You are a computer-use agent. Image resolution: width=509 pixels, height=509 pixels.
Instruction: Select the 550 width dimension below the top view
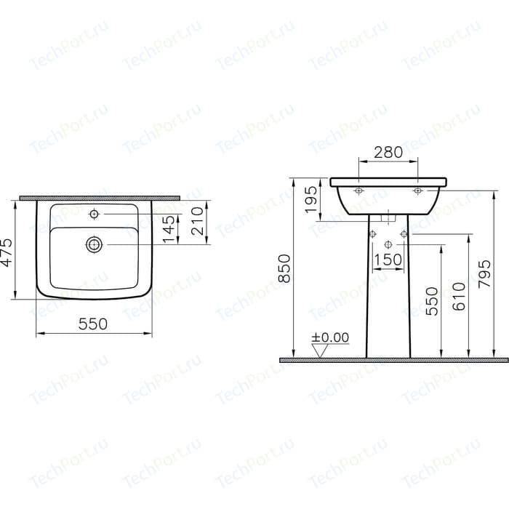(x=93, y=324)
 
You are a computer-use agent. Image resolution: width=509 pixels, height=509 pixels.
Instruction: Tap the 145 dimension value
(x=169, y=229)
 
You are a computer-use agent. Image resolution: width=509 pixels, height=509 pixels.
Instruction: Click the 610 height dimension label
(x=458, y=297)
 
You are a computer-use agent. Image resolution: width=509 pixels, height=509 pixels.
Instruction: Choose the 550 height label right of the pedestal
(x=432, y=301)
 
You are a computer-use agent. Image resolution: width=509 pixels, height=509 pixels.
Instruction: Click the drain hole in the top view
(x=94, y=244)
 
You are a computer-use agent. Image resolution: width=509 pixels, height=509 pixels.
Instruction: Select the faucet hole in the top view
(x=94, y=215)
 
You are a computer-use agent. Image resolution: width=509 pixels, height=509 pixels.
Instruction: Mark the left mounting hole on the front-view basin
(x=358, y=191)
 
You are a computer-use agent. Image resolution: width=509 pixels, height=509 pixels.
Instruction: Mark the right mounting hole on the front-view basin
(x=417, y=191)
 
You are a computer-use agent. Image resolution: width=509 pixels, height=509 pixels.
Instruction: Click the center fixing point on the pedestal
(x=388, y=243)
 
